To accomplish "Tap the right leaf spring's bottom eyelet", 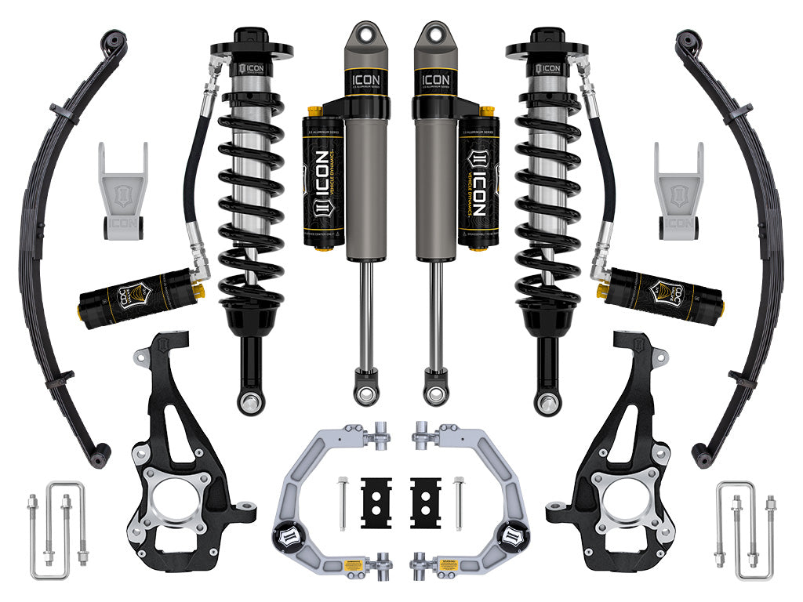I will click(x=700, y=458).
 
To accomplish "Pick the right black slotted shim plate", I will click(x=426, y=502).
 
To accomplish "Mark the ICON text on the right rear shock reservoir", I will click(x=478, y=181).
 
